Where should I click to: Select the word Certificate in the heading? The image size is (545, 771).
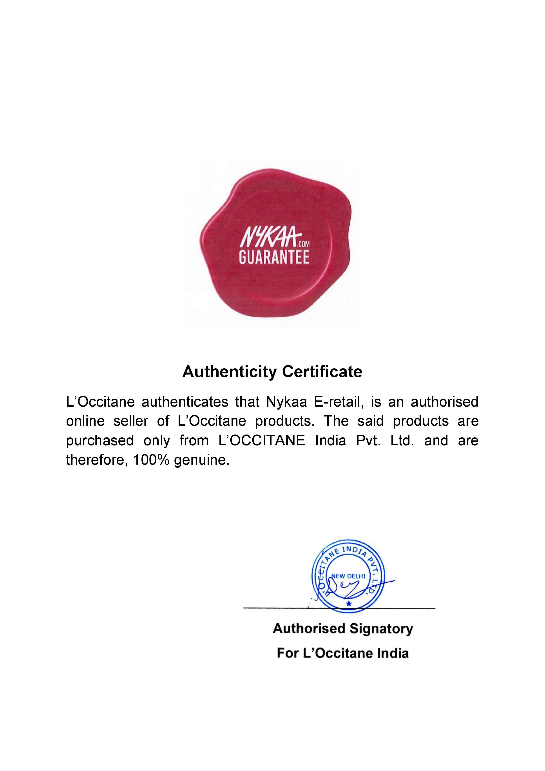(x=322, y=372)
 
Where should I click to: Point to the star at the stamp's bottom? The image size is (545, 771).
(x=349, y=604)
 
